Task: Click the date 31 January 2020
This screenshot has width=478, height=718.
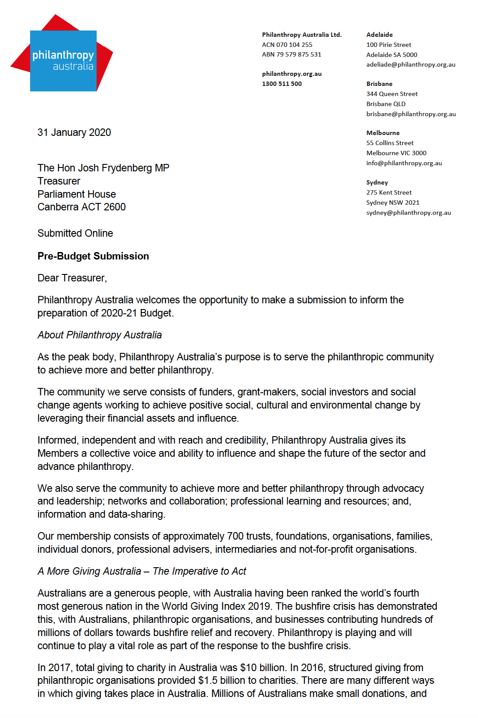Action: tap(74, 132)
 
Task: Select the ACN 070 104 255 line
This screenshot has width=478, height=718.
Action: tap(287, 45)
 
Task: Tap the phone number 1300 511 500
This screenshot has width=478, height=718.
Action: tap(282, 84)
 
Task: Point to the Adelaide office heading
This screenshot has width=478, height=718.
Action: tap(379, 35)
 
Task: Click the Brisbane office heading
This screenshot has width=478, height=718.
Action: tap(379, 84)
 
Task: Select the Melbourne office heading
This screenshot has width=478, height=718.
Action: tap(383, 133)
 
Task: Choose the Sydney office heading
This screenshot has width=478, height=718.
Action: tap(377, 182)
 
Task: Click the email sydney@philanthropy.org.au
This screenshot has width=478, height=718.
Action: tap(409, 213)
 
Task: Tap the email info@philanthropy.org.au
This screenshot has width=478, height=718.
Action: tap(404, 163)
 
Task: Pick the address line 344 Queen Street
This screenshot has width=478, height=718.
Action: tap(392, 94)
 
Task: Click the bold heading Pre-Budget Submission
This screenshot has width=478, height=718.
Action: tap(93, 256)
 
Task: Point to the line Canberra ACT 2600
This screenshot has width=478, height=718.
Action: tap(82, 207)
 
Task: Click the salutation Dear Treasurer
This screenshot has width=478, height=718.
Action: tap(72, 278)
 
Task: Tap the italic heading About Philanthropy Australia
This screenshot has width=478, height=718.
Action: tap(100, 335)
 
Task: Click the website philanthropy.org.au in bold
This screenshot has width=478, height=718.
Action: tap(292, 74)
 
